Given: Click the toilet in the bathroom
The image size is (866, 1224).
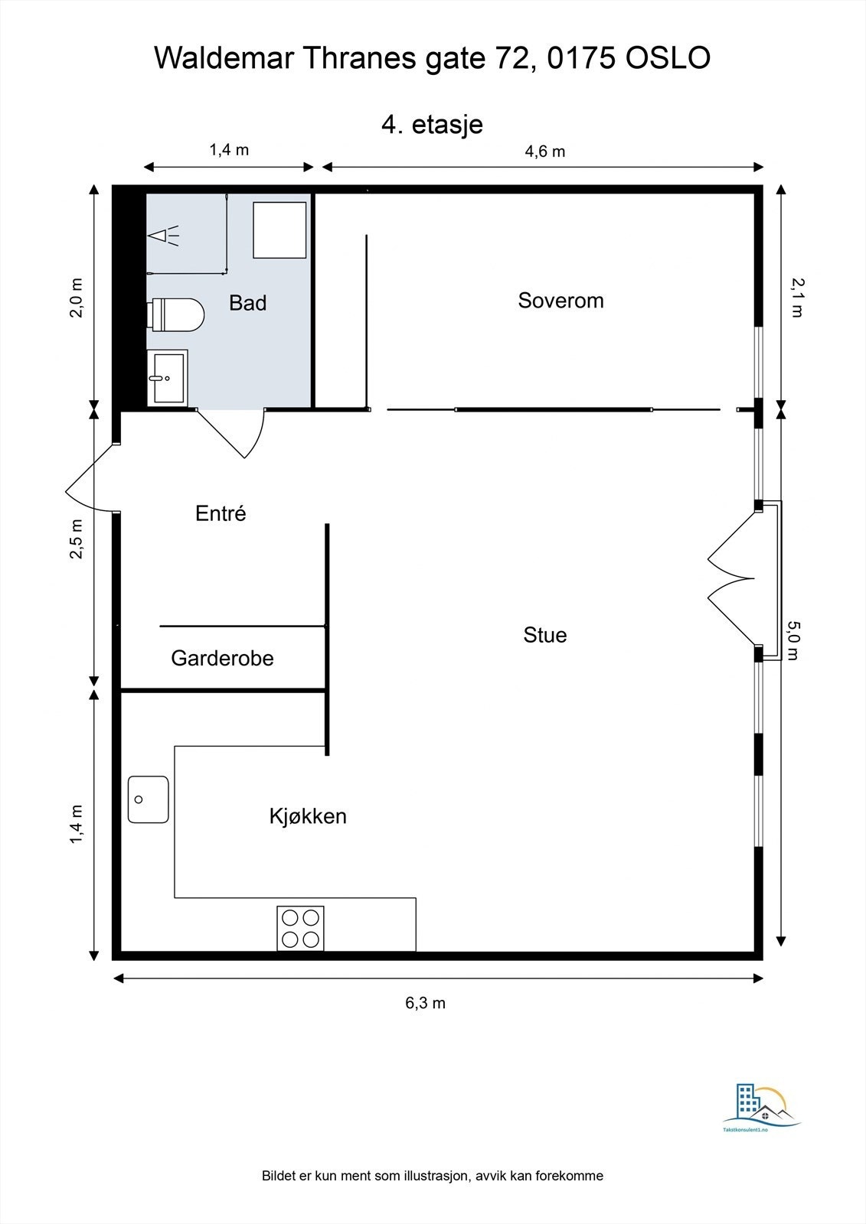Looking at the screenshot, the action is (x=175, y=314).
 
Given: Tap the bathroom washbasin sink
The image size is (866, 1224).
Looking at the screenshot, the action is (x=168, y=377).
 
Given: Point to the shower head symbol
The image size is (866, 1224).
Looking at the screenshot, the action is (x=164, y=236).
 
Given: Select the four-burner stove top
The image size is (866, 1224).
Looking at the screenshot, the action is (x=300, y=928).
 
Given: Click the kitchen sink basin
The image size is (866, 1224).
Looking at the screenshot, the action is (x=149, y=799).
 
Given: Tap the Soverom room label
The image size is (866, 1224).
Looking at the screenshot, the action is (x=560, y=301).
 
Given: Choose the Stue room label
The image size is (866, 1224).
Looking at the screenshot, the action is (x=545, y=635).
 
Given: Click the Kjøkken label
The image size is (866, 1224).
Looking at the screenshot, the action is (x=308, y=816).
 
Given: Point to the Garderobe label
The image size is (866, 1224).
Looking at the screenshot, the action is (x=222, y=658).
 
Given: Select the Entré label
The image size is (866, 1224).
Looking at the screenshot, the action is (x=221, y=513).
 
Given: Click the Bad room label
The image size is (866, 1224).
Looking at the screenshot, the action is (x=248, y=303).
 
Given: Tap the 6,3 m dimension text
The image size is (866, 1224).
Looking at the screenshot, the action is (x=426, y=1003).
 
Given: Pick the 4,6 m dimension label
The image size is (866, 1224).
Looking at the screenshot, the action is (x=545, y=151).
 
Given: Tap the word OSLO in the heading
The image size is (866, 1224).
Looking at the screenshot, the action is (x=668, y=58).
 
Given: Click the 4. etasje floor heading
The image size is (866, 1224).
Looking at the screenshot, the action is (x=432, y=125).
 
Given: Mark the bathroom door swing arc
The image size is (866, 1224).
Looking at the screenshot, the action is (x=257, y=437).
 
